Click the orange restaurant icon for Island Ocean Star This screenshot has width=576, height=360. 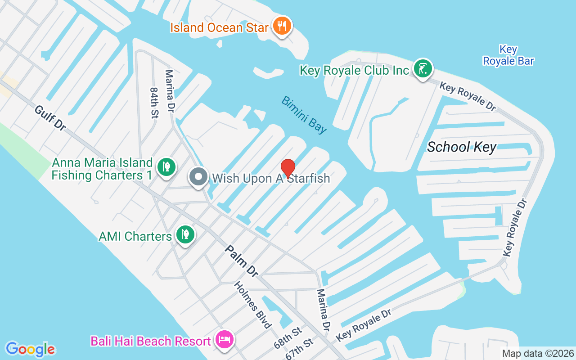pyautogui.click(x=282, y=26)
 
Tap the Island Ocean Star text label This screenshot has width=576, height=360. pyautogui.click(x=219, y=27)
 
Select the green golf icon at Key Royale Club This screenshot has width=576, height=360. pyautogui.click(x=423, y=69)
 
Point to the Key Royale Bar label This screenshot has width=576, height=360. pyautogui.click(x=508, y=55)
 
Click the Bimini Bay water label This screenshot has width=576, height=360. pyautogui.click(x=304, y=115)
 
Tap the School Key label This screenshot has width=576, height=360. pyautogui.click(x=461, y=147)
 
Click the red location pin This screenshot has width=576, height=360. pyautogui.click(x=288, y=168)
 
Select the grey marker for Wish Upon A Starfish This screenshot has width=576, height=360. pyautogui.click(x=198, y=177)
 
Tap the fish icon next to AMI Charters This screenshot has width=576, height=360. pyautogui.click(x=184, y=234)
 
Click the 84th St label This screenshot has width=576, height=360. pyautogui.click(x=154, y=103)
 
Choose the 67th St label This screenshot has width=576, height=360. pyautogui.click(x=299, y=349)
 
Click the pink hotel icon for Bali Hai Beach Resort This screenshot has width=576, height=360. pyautogui.click(x=224, y=339)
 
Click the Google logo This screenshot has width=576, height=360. pyautogui.click(x=30, y=349)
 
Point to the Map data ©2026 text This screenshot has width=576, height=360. pyautogui.click(x=538, y=353)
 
